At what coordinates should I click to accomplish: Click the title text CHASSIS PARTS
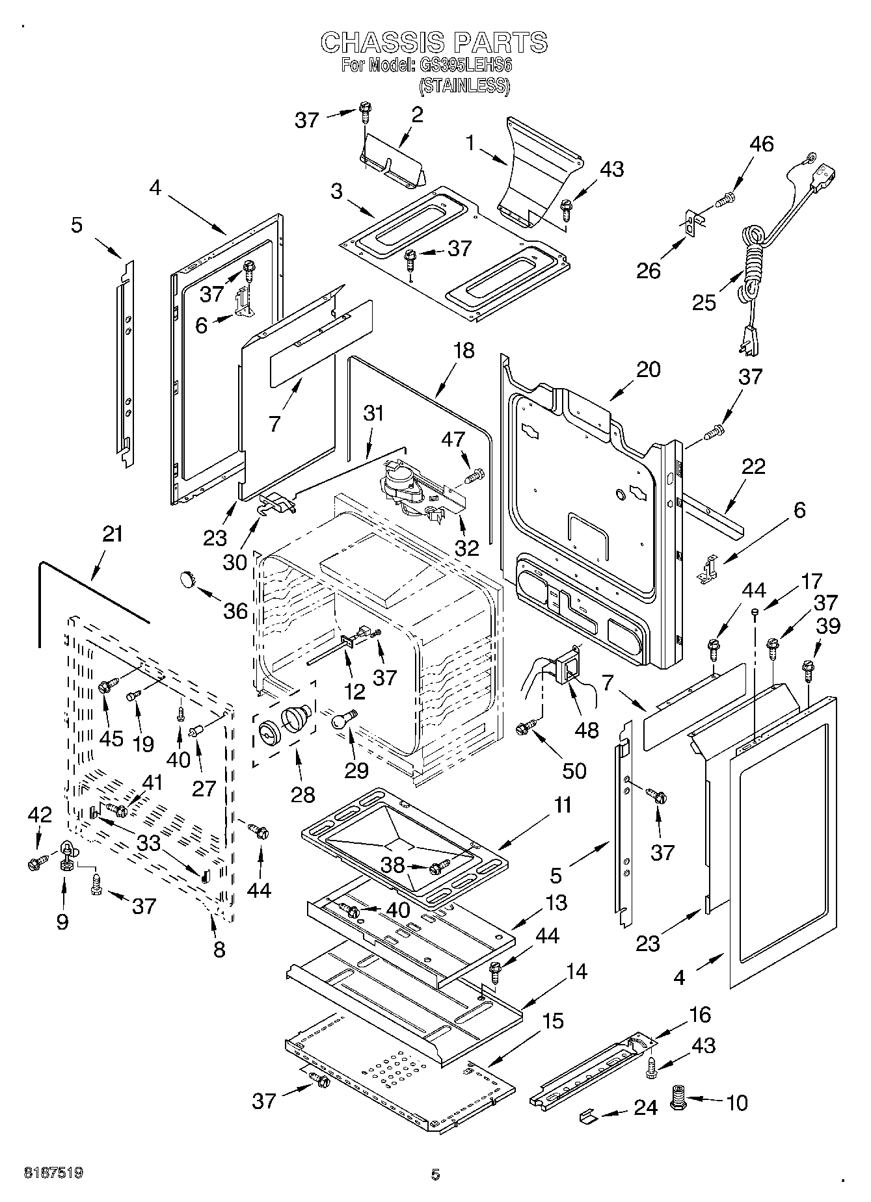pyautogui.click(x=435, y=42)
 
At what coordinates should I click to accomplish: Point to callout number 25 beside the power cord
pyautogui.click(x=703, y=302)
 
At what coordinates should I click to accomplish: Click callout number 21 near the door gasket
pyautogui.click(x=113, y=534)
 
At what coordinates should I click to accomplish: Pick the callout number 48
pyautogui.click(x=586, y=729)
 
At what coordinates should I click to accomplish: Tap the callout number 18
pyautogui.click(x=464, y=351)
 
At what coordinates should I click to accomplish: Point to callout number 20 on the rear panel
pyautogui.click(x=648, y=369)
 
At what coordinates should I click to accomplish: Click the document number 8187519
pyautogui.click(x=53, y=1173)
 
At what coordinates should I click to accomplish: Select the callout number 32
pyautogui.click(x=466, y=548)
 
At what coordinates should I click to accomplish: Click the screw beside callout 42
pyautogui.click(x=35, y=864)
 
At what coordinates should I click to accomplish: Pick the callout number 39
pyautogui.click(x=829, y=625)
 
